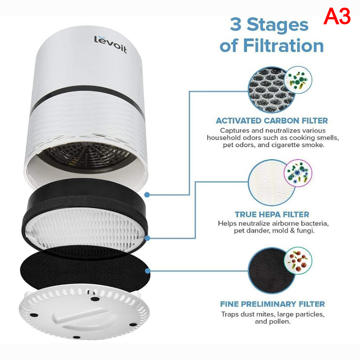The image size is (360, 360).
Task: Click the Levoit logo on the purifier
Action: point(110,44)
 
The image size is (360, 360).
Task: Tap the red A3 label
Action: point(337,16)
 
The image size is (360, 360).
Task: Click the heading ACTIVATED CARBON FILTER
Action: point(272,121)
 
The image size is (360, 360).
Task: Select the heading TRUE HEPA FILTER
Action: point(272,215)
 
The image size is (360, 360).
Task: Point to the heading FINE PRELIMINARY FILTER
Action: point(272,304)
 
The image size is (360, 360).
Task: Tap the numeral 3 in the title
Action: point(235,24)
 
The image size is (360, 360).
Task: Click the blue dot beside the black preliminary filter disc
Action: point(148,271)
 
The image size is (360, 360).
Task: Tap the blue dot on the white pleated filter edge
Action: point(148,238)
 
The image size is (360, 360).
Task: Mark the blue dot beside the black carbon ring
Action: point(147,195)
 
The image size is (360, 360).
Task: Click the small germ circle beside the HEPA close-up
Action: point(298,173)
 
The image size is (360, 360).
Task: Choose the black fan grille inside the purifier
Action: point(87,155)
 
